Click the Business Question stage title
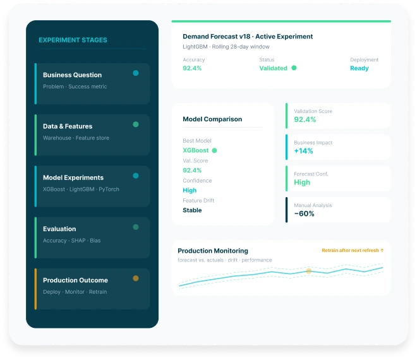click(x=72, y=75)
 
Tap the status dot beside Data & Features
click(x=136, y=124)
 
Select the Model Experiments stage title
click(x=73, y=177)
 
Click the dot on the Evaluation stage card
click(x=136, y=227)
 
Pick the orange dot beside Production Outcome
click(x=136, y=278)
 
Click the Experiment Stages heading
click(x=73, y=40)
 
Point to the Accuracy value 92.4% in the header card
click(x=192, y=68)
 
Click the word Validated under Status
click(x=273, y=68)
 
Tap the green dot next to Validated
click(x=294, y=68)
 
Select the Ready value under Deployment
click(x=360, y=68)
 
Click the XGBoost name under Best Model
click(x=196, y=150)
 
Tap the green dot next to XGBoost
click(x=214, y=150)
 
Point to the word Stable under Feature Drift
click(x=192, y=210)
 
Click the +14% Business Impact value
click(x=303, y=151)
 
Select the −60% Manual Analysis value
click(x=304, y=213)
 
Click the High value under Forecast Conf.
click(x=302, y=183)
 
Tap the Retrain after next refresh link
click(x=353, y=251)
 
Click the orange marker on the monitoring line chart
click(x=309, y=271)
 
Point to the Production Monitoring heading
click(x=213, y=251)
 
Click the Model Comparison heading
click(x=212, y=119)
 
